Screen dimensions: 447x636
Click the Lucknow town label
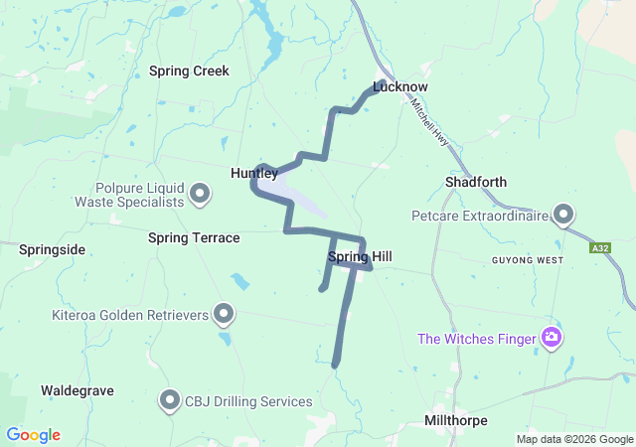(x=399, y=86)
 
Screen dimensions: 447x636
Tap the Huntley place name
(x=254, y=173)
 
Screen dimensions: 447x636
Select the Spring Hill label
(x=359, y=257)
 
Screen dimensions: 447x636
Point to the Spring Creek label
(x=189, y=72)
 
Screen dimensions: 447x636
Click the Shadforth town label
(x=476, y=182)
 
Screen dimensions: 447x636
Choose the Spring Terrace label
(x=194, y=238)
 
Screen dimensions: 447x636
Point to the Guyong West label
(x=527, y=260)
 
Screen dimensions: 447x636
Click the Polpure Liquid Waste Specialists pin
(x=200, y=193)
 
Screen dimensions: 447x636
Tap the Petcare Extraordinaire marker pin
(x=564, y=215)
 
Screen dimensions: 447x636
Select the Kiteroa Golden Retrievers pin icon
(x=225, y=316)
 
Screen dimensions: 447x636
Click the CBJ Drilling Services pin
(x=169, y=401)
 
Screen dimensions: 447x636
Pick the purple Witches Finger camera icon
(x=552, y=339)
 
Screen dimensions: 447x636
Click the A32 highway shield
(x=599, y=248)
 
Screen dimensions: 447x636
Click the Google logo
(x=34, y=435)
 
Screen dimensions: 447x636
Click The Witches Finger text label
(x=477, y=339)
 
